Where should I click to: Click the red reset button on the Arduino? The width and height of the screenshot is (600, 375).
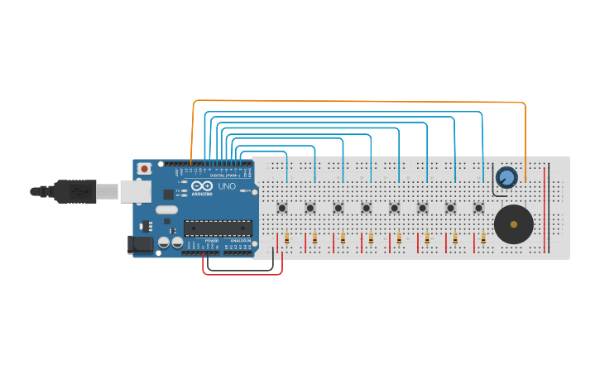pyautogui.click(x=144, y=169)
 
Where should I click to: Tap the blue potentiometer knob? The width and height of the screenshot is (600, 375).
pyautogui.click(x=506, y=176)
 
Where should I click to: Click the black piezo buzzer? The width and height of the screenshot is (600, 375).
pyautogui.click(x=513, y=224)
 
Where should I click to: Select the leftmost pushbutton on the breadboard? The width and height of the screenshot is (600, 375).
pyautogui.click(x=282, y=208)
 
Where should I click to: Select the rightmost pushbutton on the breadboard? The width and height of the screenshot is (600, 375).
pyautogui.click(x=478, y=208)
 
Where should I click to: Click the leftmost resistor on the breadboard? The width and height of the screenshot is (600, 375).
pyautogui.click(x=286, y=239)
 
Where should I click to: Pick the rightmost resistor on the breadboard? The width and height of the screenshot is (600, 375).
pyautogui.click(x=483, y=239)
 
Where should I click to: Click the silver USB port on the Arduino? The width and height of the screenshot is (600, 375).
pyautogui.click(x=135, y=192)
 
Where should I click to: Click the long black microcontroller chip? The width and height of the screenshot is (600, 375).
pyautogui.click(x=218, y=228)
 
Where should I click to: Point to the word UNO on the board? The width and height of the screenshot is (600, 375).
pyautogui.click(x=226, y=187)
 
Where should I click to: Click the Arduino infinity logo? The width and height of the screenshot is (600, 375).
pyautogui.click(x=202, y=186)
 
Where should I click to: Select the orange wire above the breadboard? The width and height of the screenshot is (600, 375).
pyautogui.click(x=356, y=102)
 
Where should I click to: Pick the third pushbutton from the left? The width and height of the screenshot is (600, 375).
pyautogui.click(x=338, y=208)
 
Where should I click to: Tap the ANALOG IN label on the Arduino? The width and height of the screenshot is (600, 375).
pyautogui.click(x=240, y=241)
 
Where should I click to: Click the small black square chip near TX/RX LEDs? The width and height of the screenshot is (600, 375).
pyautogui.click(x=169, y=195)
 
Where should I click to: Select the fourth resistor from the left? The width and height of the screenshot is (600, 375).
pyautogui.click(x=371, y=239)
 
